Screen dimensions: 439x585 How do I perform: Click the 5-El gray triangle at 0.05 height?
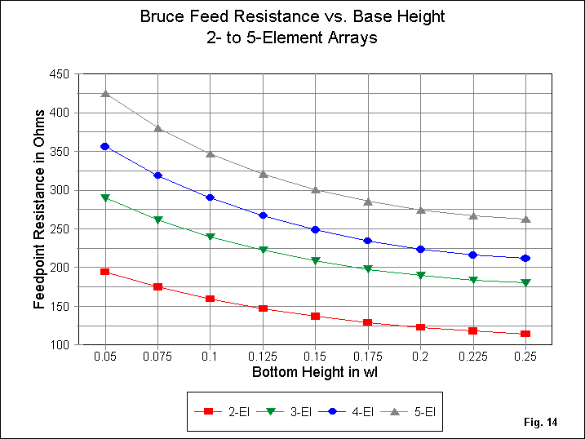click(105, 93)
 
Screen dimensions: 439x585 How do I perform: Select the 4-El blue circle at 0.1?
click(211, 197)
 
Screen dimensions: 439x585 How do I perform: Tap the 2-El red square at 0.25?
click(526, 334)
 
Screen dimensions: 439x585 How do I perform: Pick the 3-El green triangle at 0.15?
click(316, 261)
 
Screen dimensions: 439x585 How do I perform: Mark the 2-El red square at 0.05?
click(105, 272)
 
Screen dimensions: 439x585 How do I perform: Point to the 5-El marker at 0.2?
click(421, 210)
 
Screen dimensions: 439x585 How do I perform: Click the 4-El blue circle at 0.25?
click(526, 258)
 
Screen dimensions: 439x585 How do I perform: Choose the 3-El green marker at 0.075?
click(158, 220)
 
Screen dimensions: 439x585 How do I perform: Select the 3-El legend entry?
click(284, 412)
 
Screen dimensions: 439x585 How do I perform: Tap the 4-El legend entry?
click(348, 412)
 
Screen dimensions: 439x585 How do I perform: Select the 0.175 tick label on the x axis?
click(368, 357)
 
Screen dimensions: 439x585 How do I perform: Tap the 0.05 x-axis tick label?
click(105, 357)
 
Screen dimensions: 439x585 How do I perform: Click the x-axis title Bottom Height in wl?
click(315, 373)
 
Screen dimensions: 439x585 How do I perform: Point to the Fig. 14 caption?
click(541, 423)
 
